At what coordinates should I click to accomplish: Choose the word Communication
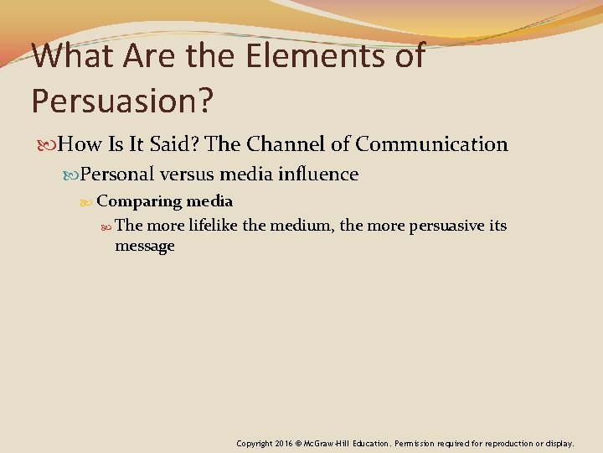[x=431, y=144]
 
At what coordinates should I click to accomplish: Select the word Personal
[x=116, y=174]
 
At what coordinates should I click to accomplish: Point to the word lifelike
[x=210, y=226]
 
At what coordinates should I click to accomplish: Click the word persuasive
[x=445, y=226]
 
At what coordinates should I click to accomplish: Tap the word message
[x=145, y=246]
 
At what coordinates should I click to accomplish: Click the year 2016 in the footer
[x=283, y=443]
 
